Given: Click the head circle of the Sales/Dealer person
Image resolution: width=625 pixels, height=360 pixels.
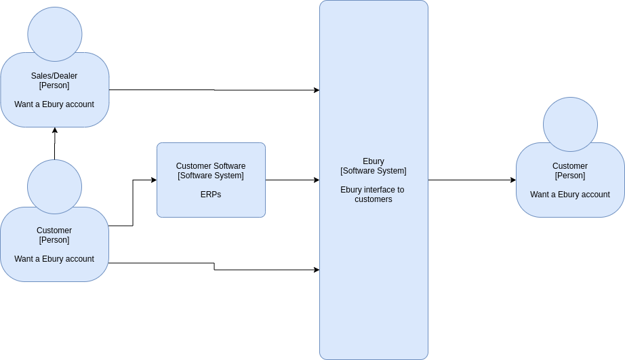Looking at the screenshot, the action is pos(55,35).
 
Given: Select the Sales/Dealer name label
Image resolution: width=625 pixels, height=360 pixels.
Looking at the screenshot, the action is pos(54,76).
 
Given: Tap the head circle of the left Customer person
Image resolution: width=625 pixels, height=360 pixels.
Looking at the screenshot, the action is pos(55,187).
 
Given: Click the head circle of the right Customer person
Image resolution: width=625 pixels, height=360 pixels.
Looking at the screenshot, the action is pos(570,124).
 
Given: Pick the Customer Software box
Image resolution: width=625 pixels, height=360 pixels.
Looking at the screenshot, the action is pos(211,180).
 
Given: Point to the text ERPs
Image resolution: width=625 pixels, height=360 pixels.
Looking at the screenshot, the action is pos(211,195).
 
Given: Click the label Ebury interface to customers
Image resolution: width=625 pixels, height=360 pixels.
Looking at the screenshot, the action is pos(373,195).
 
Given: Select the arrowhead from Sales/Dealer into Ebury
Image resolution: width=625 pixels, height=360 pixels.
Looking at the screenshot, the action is pos(317,90).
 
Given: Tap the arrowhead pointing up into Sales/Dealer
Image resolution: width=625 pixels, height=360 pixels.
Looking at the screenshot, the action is pos(55,130).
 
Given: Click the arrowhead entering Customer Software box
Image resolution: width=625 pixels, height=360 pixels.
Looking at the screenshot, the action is pos(154,180).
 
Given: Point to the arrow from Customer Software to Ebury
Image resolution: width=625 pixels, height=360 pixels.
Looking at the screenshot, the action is pos(293,180).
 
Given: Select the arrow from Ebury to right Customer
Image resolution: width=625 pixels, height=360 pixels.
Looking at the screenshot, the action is pos(472,180).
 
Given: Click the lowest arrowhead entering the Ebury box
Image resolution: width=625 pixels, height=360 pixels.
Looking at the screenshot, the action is pos(317,270).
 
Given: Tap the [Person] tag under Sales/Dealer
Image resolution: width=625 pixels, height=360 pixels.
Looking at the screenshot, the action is pos(54,85).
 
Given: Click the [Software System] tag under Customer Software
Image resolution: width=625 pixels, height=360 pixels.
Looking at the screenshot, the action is pos(211,176).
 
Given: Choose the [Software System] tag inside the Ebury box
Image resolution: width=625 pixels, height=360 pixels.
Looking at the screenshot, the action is pos(374,171).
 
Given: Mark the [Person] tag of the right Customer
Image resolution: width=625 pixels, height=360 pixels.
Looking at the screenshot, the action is pos(570,176).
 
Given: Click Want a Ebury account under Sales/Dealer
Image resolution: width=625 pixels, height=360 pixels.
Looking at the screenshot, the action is pos(54,104).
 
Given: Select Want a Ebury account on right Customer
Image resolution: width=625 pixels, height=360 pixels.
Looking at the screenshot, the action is pos(570,195).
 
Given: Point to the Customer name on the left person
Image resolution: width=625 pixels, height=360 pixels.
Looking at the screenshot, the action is pos(54,231).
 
